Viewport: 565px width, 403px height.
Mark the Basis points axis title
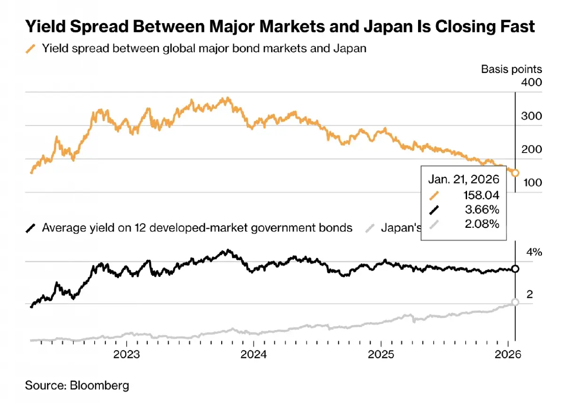point(511,69)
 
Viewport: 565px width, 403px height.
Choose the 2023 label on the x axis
point(126,354)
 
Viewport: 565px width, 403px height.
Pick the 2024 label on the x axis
point(254,354)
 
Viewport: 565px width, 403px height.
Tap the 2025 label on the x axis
point(381,354)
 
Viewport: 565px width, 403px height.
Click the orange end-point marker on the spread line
point(515,173)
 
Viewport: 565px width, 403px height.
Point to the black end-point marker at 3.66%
point(515,269)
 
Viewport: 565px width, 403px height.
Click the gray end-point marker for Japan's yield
point(515,302)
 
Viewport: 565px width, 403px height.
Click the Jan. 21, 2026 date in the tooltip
point(463,179)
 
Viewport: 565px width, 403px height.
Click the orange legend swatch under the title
point(32,48)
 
